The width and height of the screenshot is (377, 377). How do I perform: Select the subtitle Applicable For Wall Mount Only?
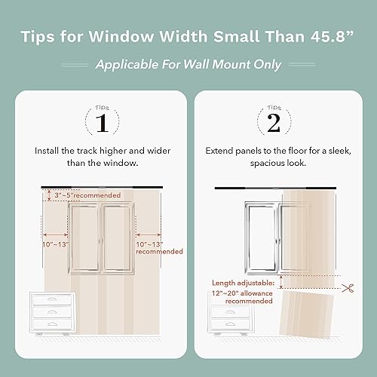tap(188, 65)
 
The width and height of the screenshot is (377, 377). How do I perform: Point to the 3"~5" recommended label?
tap(89, 196)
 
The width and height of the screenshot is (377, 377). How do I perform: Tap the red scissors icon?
tap(348, 287)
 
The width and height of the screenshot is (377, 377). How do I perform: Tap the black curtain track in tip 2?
tap(275, 187)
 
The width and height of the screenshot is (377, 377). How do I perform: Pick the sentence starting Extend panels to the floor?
tap(275, 156)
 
